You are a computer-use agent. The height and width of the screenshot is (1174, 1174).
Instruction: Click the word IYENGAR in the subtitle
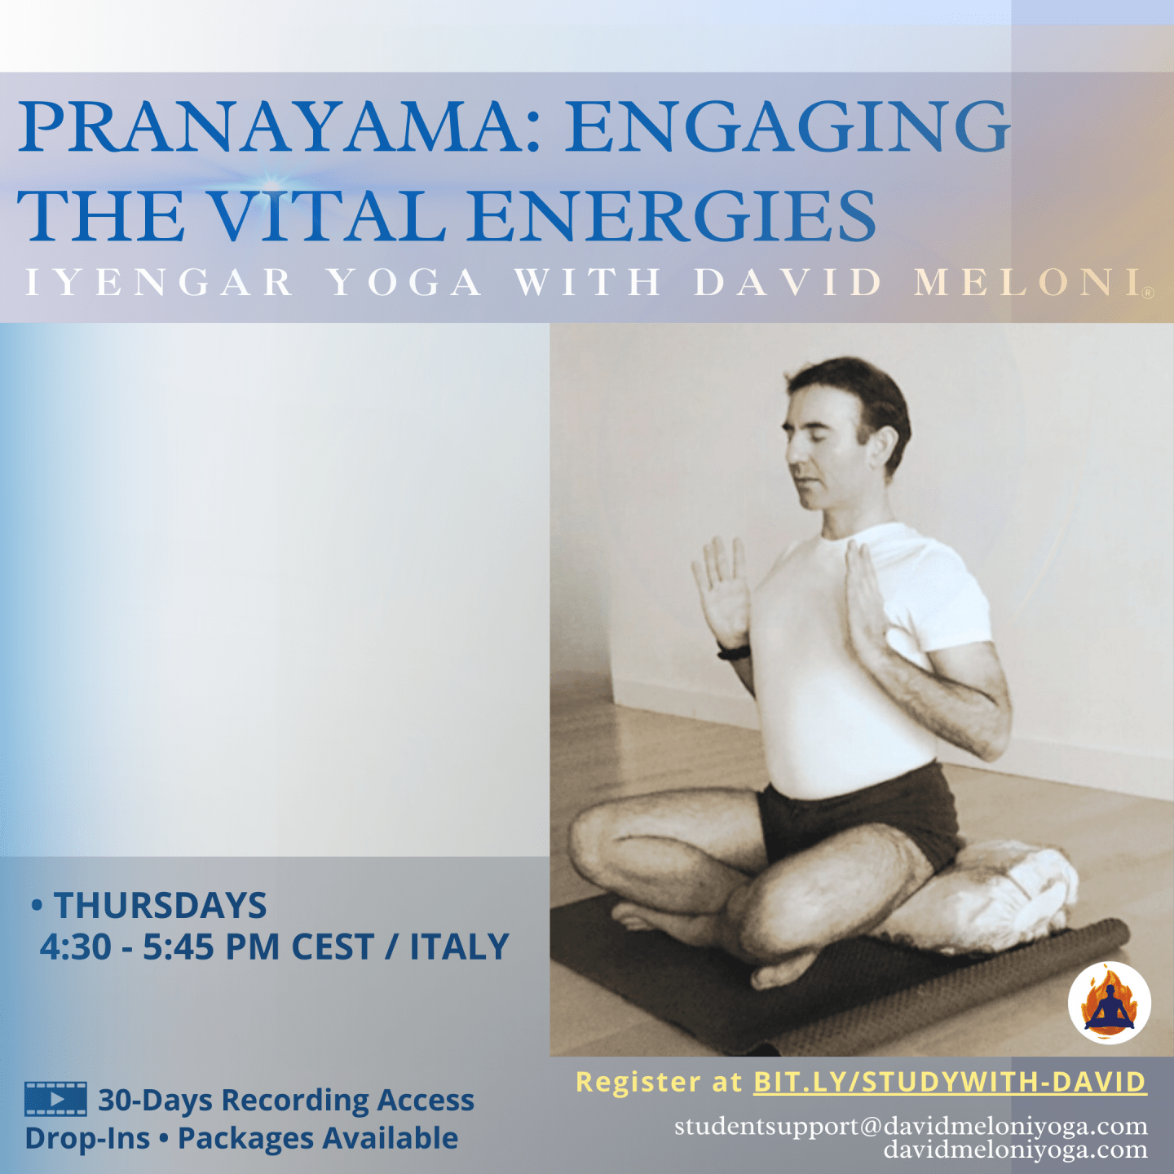point(159,282)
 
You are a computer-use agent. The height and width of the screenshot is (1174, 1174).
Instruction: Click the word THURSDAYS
point(161,905)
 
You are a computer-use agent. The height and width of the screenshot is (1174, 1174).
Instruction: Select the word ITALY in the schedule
point(459,947)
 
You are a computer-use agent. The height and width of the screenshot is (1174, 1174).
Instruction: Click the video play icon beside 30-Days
point(55,1098)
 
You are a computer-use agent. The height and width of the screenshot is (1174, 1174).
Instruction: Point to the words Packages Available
point(317,1138)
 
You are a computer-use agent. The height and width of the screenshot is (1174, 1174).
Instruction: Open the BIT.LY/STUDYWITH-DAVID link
point(950,1082)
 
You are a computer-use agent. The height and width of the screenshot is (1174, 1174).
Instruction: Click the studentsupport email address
point(911,1126)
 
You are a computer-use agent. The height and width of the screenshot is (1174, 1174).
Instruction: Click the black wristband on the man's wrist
point(734,651)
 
